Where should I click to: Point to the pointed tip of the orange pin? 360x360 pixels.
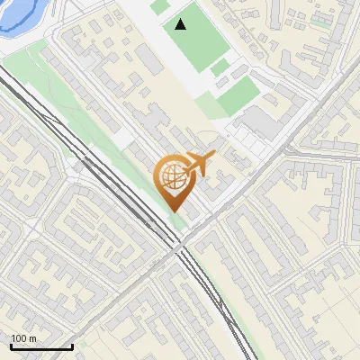click(x=173, y=211)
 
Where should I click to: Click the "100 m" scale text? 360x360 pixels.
click(x=23, y=338)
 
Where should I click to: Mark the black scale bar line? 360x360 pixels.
click(x=41, y=346)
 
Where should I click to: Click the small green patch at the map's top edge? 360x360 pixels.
click(x=159, y=6)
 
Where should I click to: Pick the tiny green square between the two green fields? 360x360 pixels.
click(x=220, y=67)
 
